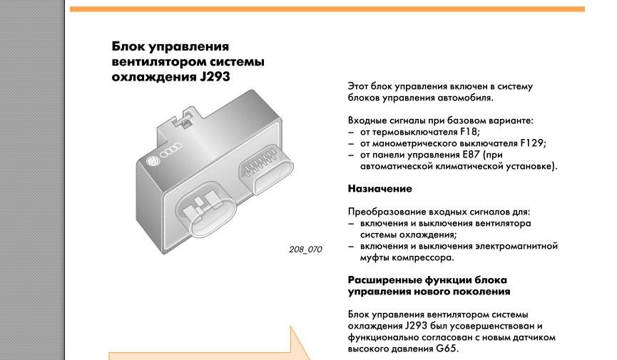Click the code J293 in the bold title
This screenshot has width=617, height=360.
point(215,76)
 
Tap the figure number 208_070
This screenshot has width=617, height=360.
point(305,250)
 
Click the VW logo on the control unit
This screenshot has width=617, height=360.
point(152,161)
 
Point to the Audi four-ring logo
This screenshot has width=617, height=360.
point(171,150)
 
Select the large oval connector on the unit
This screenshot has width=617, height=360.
point(205,210)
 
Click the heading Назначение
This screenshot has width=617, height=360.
point(379,189)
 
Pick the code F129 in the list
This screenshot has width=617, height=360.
point(532,143)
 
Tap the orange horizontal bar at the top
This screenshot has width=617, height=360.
point(327,9)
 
